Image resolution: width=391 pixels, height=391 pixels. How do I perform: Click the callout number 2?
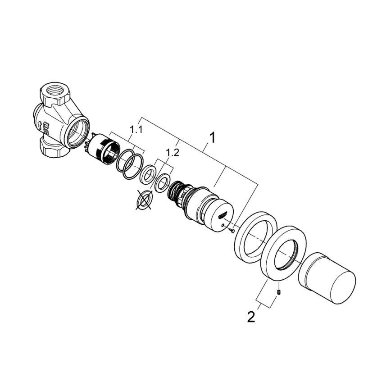[251, 316]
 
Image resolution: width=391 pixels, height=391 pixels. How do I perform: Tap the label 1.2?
[172, 153]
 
